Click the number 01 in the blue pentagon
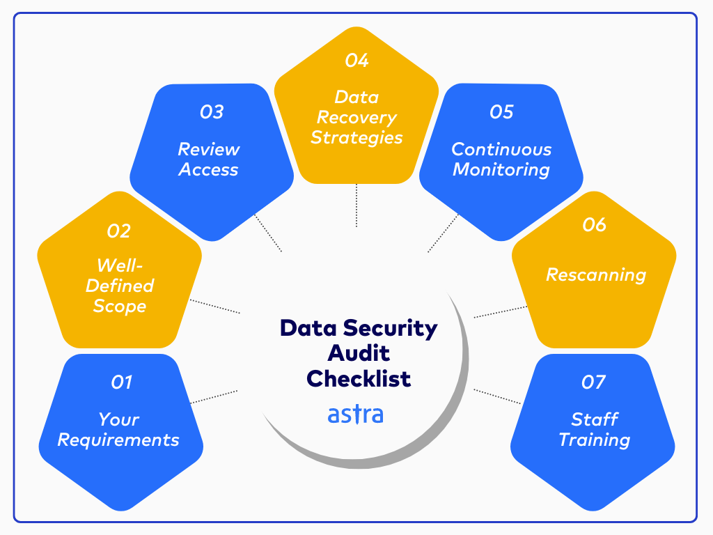[x=121, y=382]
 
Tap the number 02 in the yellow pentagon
[x=118, y=231]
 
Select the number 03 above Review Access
[x=211, y=111]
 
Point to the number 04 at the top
[x=356, y=61]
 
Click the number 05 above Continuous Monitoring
[x=501, y=111]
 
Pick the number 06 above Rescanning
[x=595, y=224]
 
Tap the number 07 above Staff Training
[x=593, y=382]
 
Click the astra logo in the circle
[x=355, y=414]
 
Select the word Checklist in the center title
[x=359, y=378]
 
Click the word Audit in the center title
[x=359, y=353]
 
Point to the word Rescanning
[x=595, y=274]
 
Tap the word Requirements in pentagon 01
[x=118, y=440]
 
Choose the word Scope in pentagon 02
[x=119, y=306]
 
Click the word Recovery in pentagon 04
[x=356, y=117]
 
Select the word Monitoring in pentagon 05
[x=501, y=169]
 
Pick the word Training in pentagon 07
[x=594, y=440]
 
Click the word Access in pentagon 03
[x=209, y=169]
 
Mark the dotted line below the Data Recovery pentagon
[x=356, y=206]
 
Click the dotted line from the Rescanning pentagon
[x=500, y=311]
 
